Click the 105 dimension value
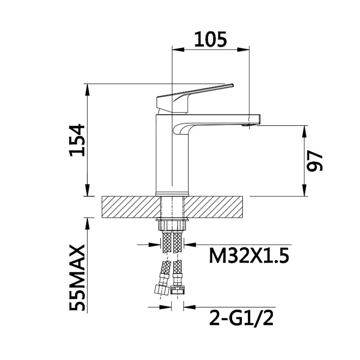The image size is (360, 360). click(210, 39)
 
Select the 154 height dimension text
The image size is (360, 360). click(77, 140)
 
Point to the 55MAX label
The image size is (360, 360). click(77, 277)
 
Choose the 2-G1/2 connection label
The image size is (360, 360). click(241, 318)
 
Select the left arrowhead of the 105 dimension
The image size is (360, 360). click(178, 50)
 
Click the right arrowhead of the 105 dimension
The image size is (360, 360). click(243, 50)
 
